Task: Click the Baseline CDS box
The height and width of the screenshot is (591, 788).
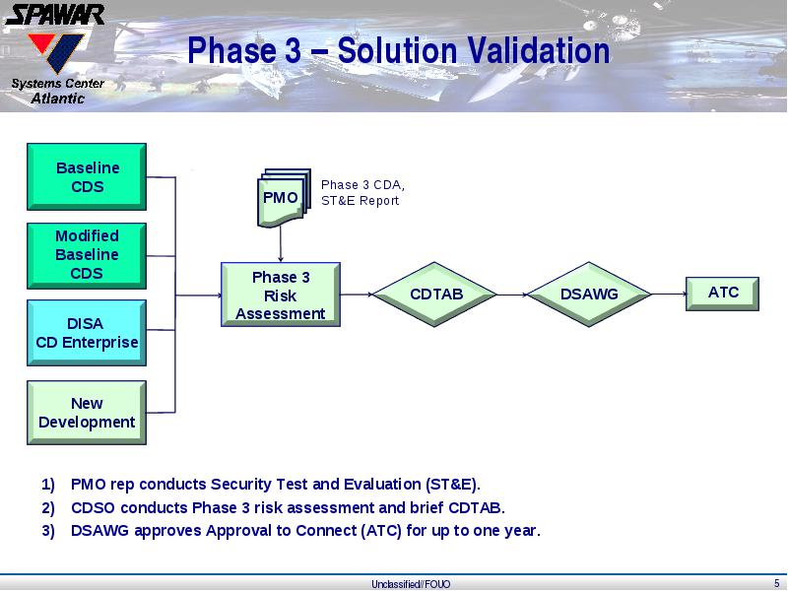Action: click(x=87, y=176)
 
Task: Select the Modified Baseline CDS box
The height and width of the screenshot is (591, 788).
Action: click(x=87, y=256)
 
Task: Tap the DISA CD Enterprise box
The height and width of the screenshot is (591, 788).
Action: click(x=87, y=333)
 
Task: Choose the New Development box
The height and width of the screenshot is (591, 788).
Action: click(x=87, y=413)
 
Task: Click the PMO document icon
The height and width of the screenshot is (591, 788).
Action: click(x=284, y=198)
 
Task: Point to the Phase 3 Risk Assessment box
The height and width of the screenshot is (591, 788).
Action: click(x=281, y=295)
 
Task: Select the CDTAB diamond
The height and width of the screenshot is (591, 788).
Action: click(x=434, y=295)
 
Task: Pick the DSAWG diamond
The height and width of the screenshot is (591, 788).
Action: click(x=589, y=295)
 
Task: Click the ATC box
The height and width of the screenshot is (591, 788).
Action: click(x=722, y=294)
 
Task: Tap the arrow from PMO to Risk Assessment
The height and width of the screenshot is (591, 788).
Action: click(x=281, y=243)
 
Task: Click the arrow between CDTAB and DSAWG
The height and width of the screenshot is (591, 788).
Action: click(x=512, y=295)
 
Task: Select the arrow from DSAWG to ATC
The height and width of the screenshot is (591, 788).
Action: click(x=669, y=294)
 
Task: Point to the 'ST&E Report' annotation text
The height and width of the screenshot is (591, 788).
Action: click(x=360, y=201)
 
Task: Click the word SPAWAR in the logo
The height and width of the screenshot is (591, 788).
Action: click(x=55, y=15)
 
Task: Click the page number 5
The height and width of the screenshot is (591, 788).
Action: click(x=777, y=583)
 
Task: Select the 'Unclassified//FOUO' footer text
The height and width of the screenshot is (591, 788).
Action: click(x=411, y=584)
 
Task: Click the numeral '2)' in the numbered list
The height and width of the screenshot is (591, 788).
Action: click(x=48, y=508)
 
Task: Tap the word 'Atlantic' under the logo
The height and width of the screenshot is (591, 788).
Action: click(x=58, y=98)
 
